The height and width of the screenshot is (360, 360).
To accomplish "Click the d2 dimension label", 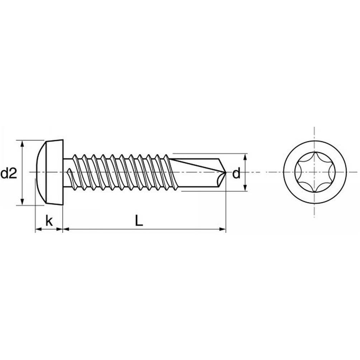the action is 9,174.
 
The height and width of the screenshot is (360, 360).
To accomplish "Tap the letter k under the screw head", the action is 49,221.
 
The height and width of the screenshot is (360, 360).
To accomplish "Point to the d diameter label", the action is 236,174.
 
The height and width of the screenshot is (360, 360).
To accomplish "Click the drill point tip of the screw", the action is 226,172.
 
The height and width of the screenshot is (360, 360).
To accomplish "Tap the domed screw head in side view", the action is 50,172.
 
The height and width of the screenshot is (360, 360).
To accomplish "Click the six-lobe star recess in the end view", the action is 315,172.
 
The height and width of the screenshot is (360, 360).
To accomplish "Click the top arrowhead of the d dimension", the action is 245,157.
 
